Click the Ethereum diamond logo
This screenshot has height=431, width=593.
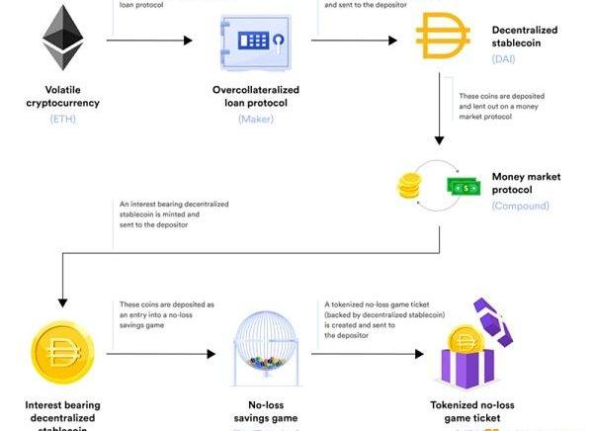click(61, 38)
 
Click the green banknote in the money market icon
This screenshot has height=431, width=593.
click(462, 187)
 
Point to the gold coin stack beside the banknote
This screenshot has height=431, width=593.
click(410, 186)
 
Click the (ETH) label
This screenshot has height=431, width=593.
click(61, 119)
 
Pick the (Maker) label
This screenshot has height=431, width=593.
click(255, 119)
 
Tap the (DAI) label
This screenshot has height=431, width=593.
click(505, 58)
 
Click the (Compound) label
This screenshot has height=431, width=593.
click(520, 206)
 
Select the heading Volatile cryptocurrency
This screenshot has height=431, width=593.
click(61, 95)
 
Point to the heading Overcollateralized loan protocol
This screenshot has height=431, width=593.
click(255, 95)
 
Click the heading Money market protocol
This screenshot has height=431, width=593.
click(526, 183)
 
